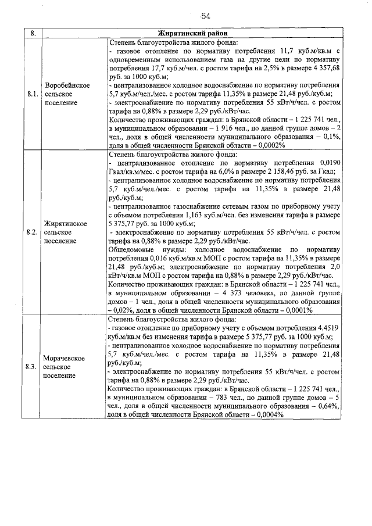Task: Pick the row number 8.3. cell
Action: coord(33,367)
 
